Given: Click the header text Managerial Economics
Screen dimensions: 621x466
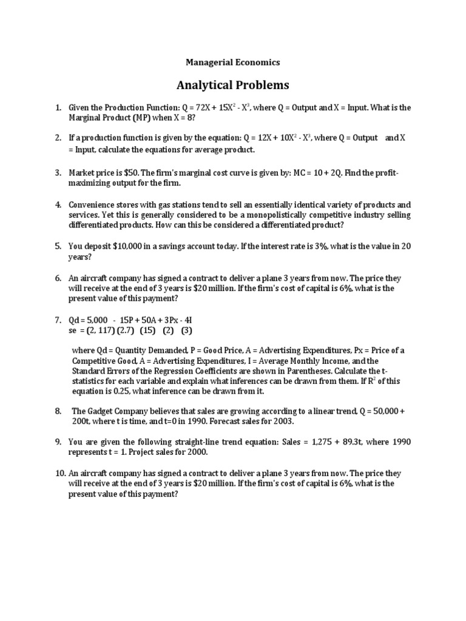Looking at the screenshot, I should (233, 62).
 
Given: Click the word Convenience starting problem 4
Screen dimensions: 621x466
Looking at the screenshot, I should (92, 204).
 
